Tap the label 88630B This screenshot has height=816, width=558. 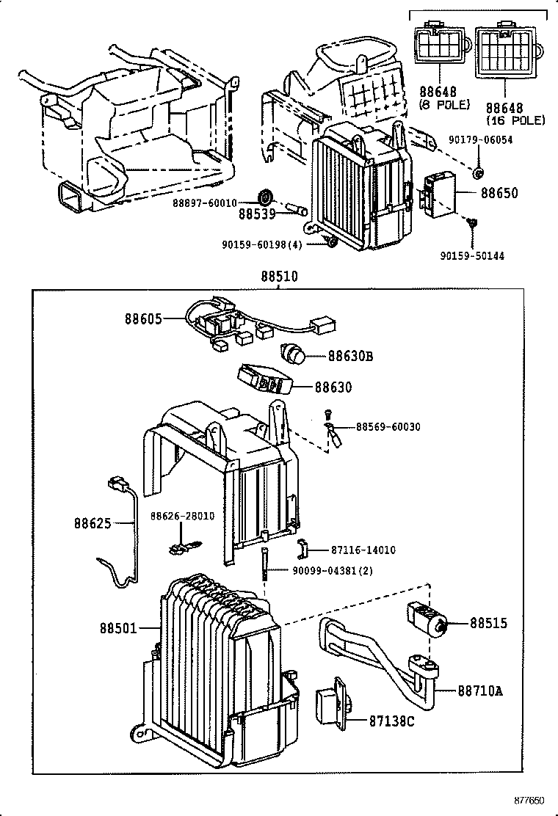point(350,357)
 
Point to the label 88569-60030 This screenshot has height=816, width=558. point(388,427)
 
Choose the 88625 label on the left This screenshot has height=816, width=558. point(92,524)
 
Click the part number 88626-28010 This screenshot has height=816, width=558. point(183,517)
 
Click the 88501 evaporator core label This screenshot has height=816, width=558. point(118,628)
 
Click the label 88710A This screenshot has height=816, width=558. point(481,691)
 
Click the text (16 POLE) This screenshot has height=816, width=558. point(515,120)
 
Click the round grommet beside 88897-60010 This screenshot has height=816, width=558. point(266,197)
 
